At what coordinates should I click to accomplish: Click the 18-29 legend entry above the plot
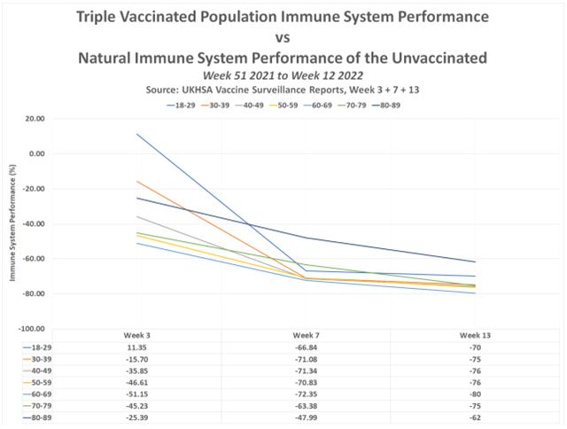[185, 105]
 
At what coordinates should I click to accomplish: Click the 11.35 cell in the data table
[137, 349]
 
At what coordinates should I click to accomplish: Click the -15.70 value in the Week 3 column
[137, 361]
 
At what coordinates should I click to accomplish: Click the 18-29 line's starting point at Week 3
[137, 134]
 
